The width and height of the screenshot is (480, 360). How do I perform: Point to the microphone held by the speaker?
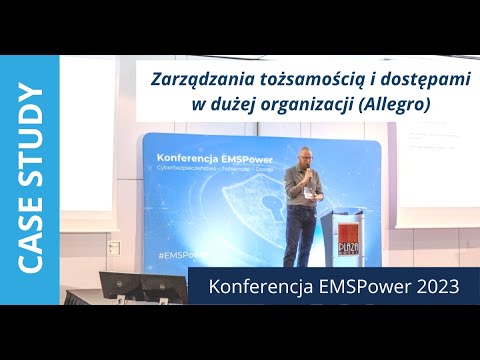pos(309,172)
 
